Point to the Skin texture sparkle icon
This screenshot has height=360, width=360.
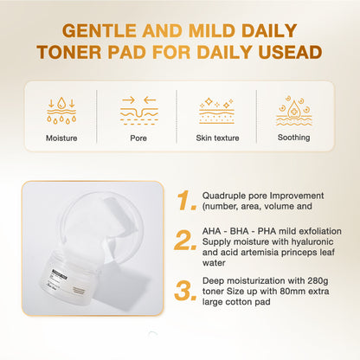tap(216, 109)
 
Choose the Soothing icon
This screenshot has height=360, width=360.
tap(294, 109)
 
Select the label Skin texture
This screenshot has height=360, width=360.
tap(216, 137)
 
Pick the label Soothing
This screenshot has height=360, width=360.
tap(294, 137)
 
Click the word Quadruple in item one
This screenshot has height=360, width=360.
tap(225, 196)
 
